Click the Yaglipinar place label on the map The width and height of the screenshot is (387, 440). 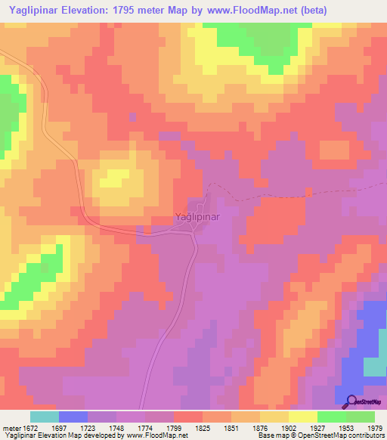[x=197, y=217]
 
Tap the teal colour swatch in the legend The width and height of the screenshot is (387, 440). [x=44, y=417]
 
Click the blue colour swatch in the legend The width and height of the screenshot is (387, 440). [x=73, y=417]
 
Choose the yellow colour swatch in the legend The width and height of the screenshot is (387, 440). [x=303, y=417]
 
